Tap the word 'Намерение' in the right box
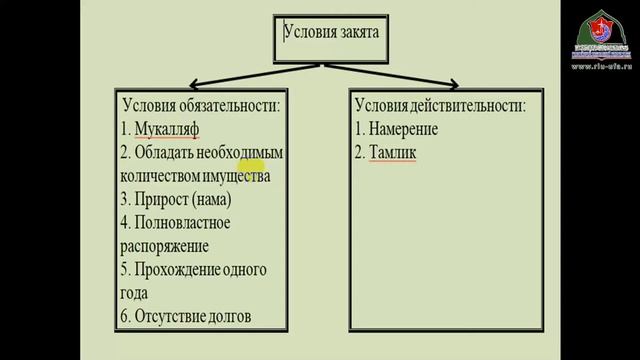pos(405,129)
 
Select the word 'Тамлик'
pos(394,153)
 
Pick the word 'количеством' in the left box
pos(163,176)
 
